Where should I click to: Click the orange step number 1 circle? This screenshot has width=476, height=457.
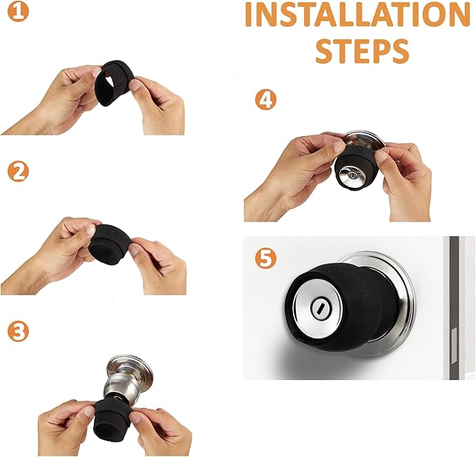click(x=18, y=12)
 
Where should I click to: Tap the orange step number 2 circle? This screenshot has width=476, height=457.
click(x=18, y=172)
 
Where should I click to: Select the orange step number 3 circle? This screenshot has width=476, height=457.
click(x=18, y=332)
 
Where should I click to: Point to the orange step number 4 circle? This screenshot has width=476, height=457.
click(x=266, y=100)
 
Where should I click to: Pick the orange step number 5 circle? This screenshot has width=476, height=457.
click(x=266, y=259)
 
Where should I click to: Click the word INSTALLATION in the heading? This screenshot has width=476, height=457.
click(x=358, y=15)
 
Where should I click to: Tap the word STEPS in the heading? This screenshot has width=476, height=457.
click(x=362, y=51)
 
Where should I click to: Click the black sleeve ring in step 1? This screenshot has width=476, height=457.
click(x=111, y=83)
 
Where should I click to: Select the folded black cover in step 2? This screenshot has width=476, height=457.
click(x=109, y=245)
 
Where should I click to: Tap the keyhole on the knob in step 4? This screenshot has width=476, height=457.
click(x=352, y=175)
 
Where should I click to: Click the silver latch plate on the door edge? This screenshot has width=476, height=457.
click(x=455, y=346)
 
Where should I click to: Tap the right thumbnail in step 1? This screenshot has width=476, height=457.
click(x=135, y=85)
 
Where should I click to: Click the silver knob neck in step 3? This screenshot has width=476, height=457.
click(x=121, y=387)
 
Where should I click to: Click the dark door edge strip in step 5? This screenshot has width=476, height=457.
click(x=454, y=308)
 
